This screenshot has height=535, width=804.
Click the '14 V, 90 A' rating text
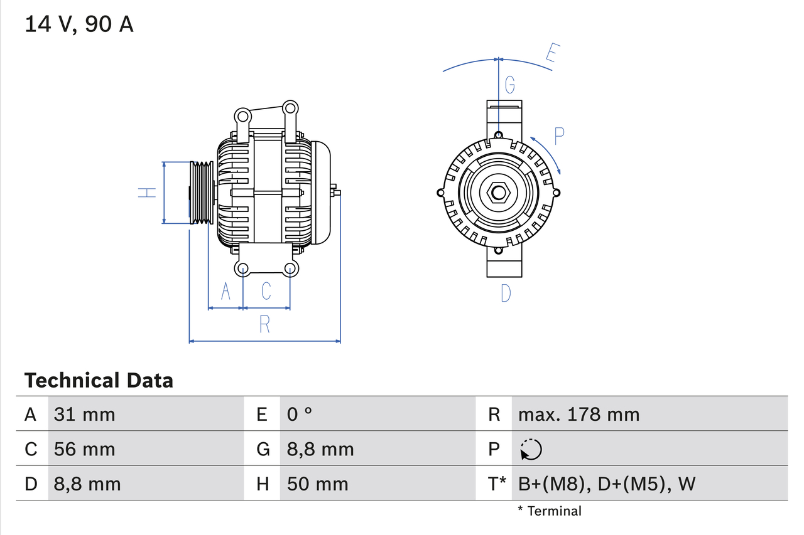point(79,24)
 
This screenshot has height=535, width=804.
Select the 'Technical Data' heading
point(99,381)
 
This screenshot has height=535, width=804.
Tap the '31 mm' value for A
point(85,415)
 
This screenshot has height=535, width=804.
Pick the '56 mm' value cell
point(85,450)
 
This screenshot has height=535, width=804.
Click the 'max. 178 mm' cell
point(579,415)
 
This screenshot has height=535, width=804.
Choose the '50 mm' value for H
point(317,484)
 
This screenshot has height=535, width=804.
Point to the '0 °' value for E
point(300,415)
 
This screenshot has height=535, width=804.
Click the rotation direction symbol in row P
point(531,450)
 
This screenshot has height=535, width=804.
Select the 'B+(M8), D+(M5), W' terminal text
point(607,484)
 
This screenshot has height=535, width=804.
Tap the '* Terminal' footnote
point(550,511)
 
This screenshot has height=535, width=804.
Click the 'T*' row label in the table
point(497,484)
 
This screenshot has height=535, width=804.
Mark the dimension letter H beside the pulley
point(147,193)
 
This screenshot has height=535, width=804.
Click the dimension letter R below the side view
point(264,324)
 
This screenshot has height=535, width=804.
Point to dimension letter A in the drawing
point(225,291)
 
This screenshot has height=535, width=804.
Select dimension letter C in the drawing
point(266,291)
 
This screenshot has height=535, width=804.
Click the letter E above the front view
point(551,54)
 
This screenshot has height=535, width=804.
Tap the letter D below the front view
point(506,293)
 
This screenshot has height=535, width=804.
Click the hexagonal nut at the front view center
point(498,193)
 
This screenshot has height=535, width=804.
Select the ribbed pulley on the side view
point(202,193)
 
